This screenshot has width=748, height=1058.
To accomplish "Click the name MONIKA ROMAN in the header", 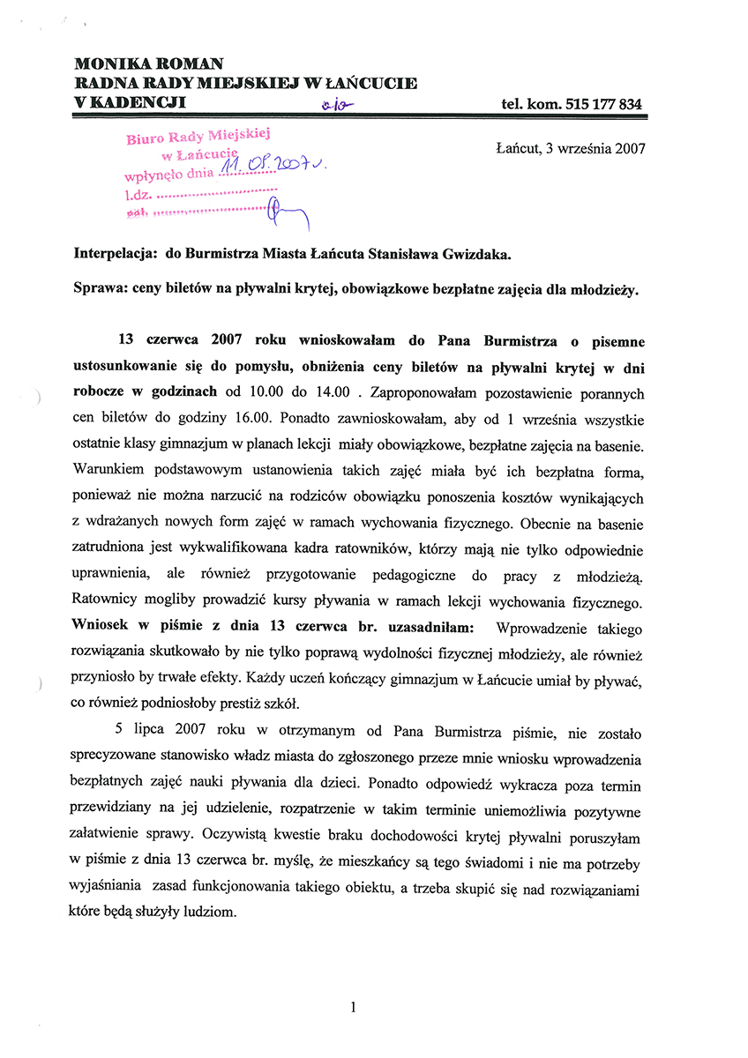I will coord(148,63).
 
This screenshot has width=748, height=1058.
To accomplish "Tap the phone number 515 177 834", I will coord(599,105).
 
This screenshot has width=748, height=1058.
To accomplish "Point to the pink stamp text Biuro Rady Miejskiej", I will coord(197,136).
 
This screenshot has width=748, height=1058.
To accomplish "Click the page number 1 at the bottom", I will coord(352,1006).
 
